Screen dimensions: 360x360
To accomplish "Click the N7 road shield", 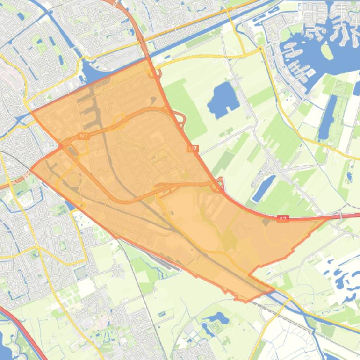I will click(83, 137).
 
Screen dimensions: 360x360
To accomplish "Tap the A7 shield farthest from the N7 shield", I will click(282, 218).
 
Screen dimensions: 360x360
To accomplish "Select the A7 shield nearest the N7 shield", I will click(193, 149).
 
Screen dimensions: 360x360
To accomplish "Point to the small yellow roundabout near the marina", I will click(260, 48).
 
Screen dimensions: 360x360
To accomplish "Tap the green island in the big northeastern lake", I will click(327, 52).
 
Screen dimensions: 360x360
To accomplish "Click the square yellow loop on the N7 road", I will click(118, 121).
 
